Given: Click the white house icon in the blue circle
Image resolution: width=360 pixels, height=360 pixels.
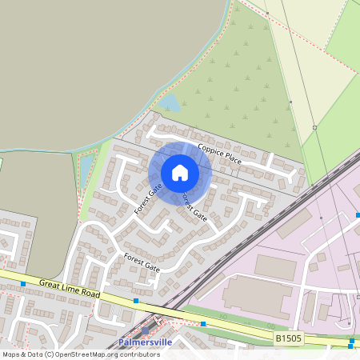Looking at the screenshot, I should [x=180, y=173].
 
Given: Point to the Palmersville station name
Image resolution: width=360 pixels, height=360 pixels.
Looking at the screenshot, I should [x=145, y=342].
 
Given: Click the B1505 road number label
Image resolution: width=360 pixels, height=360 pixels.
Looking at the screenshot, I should [x=290, y=339].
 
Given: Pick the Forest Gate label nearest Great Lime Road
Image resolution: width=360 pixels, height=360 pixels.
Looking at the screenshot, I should [x=142, y=263].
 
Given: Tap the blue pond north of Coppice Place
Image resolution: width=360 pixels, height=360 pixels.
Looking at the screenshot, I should [x=170, y=102].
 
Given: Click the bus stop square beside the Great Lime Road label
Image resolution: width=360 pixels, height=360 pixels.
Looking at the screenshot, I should [x=23, y=284].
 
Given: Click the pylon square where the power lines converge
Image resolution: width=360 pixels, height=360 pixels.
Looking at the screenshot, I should [x=315, y=127].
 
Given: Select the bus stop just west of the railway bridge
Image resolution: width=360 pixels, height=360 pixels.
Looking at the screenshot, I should [x=136, y=301].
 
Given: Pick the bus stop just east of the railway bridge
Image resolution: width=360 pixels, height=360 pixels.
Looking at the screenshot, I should [x=204, y=324].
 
